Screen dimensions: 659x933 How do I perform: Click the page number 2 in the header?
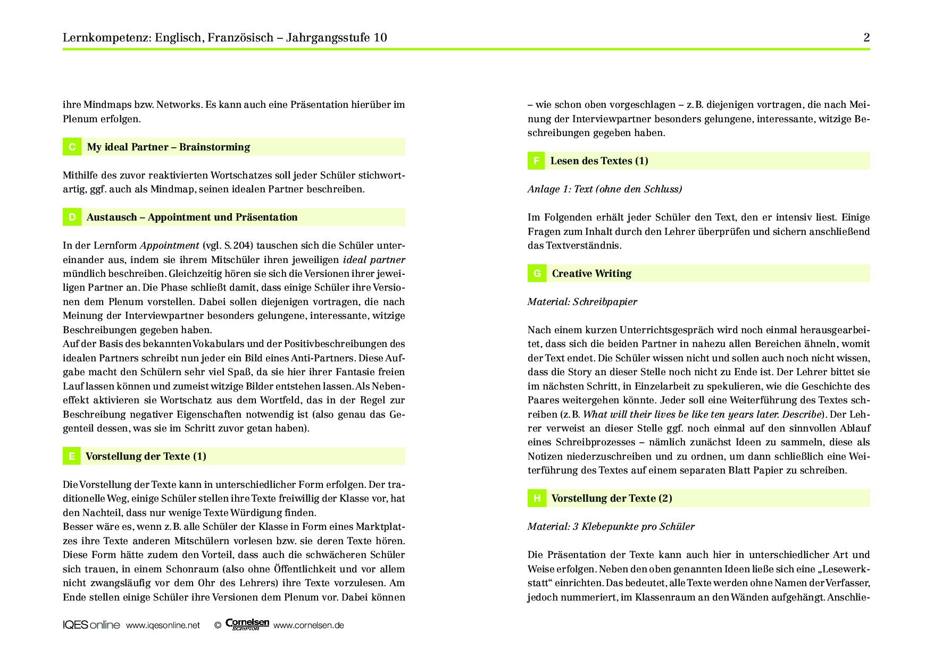pyautogui.click(x=867, y=37)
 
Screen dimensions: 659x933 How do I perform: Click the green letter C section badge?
pyautogui.click(x=72, y=147)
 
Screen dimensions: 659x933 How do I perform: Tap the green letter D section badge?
pyautogui.click(x=72, y=217)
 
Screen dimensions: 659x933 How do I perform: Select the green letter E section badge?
pyautogui.click(x=71, y=456)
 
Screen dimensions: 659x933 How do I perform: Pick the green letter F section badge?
pyautogui.click(x=536, y=160)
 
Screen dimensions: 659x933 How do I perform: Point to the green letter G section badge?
pyautogui.click(x=537, y=273)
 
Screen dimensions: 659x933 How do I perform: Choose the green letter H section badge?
pyautogui.click(x=537, y=498)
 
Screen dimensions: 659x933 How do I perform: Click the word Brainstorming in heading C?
pyautogui.click(x=214, y=147)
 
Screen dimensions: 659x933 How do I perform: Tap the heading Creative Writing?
pyautogui.click(x=592, y=273)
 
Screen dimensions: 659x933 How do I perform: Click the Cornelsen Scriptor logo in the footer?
pyautogui.click(x=247, y=624)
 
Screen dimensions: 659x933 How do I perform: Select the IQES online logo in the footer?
pyautogui.click(x=91, y=625)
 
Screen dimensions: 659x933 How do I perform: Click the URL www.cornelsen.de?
pyautogui.click(x=309, y=626)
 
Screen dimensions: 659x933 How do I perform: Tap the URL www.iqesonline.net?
pyautogui.click(x=163, y=626)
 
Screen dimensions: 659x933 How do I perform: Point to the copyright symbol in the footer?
pyautogui.click(x=218, y=626)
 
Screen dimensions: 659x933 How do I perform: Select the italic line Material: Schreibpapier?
pyautogui.click(x=582, y=302)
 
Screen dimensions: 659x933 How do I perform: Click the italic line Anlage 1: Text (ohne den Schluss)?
pyautogui.click(x=605, y=189)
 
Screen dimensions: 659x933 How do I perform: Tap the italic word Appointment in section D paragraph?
pyautogui.click(x=169, y=246)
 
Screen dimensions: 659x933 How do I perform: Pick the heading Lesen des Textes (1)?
pyautogui.click(x=599, y=160)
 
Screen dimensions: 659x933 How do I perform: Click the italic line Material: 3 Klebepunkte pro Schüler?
pyautogui.click(x=611, y=527)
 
